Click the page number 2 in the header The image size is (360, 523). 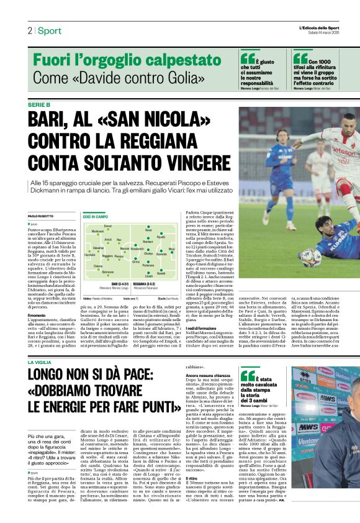click(x=29, y=30)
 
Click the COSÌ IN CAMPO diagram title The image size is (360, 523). click(x=96, y=217)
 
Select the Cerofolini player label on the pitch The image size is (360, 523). click(x=89, y=255)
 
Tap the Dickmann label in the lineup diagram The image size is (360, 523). click(x=108, y=271)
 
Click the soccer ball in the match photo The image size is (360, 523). click(x=310, y=258)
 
